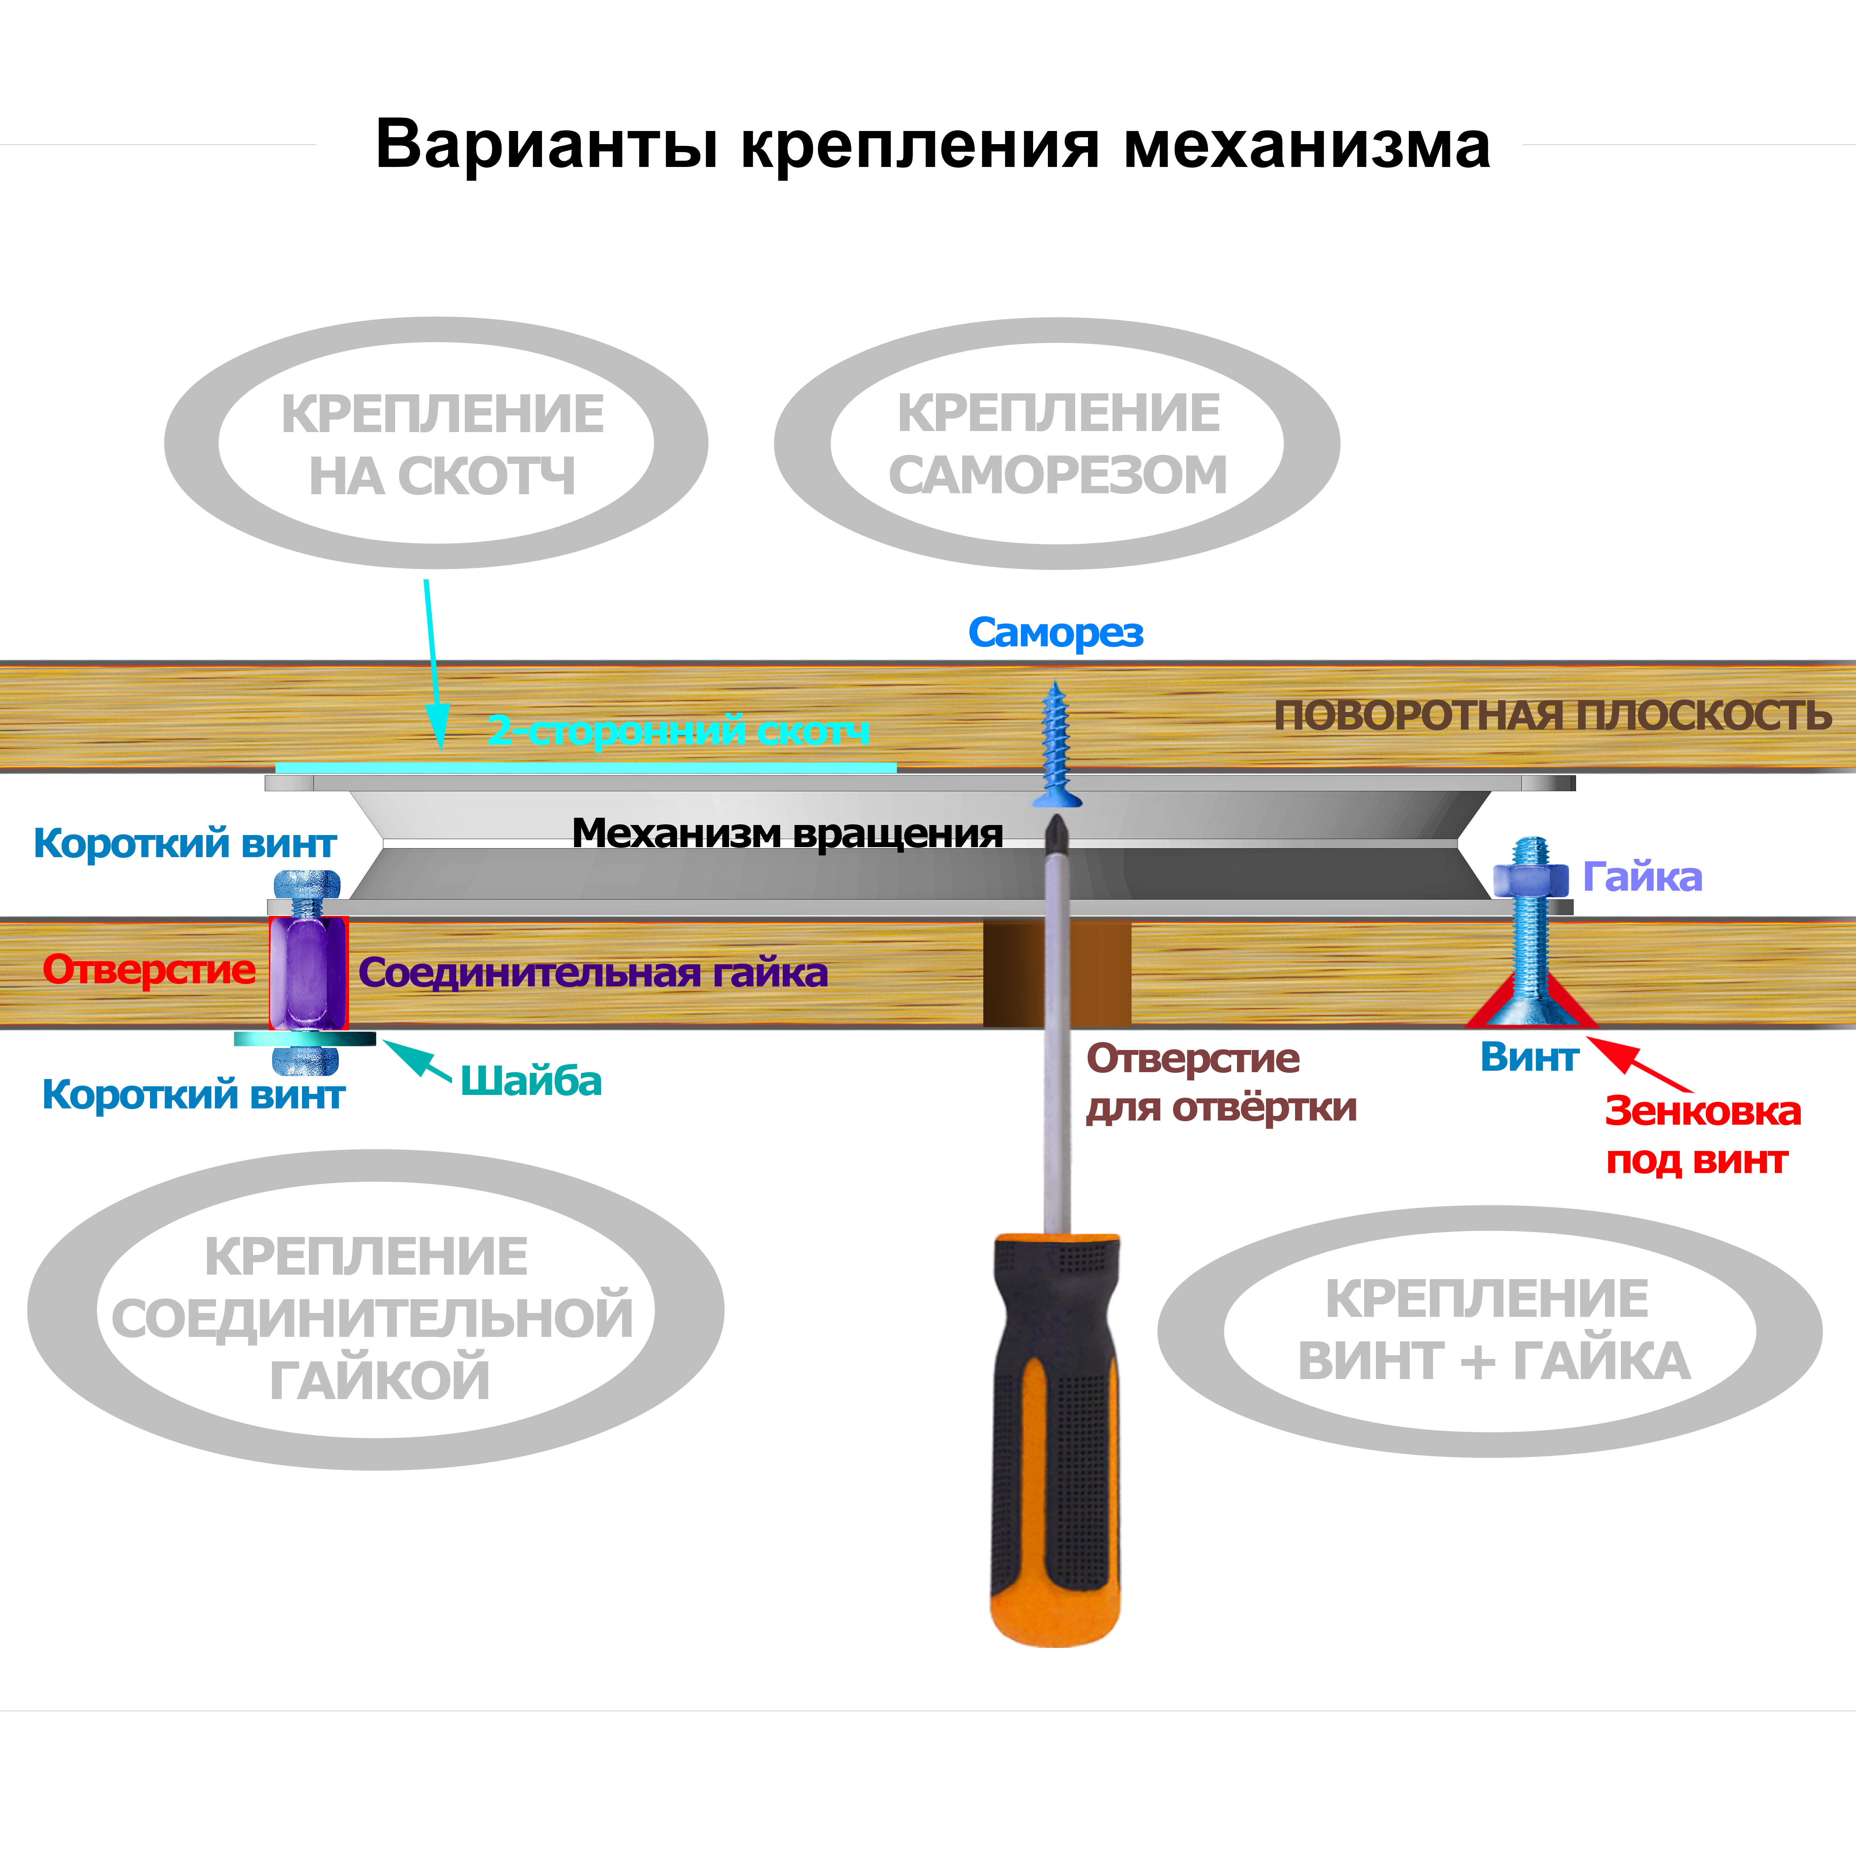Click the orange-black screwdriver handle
pyautogui.click(x=1056, y=1441)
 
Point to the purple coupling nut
pyautogui.click(x=307, y=972)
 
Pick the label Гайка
pyautogui.click(x=1642, y=877)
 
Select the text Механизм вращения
pyautogui.click(x=787, y=833)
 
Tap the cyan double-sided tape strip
pyautogui.click(x=586, y=768)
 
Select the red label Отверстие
pyautogui.click(x=149, y=969)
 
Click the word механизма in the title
pyautogui.click(x=1306, y=146)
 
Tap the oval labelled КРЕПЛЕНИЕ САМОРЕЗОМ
pyautogui.click(x=1057, y=444)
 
